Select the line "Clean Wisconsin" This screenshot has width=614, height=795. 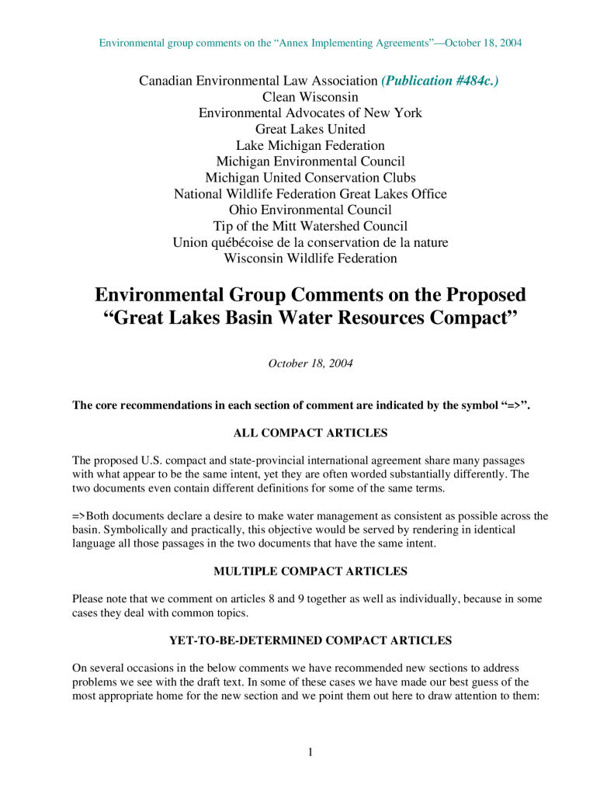[x=310, y=97]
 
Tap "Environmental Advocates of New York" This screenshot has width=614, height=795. [x=310, y=113]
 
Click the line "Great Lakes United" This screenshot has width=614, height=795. [x=310, y=130]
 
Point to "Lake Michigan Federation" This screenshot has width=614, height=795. [x=310, y=146]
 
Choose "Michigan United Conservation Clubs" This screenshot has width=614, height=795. [x=310, y=178]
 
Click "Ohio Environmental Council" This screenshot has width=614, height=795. [x=310, y=210]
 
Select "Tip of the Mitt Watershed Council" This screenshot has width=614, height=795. [x=310, y=226]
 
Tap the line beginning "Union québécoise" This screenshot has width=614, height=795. [x=310, y=242]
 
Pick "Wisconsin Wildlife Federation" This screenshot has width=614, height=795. [x=310, y=259]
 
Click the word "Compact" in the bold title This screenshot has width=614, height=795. [x=468, y=319]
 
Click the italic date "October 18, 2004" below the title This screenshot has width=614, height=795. [x=310, y=363]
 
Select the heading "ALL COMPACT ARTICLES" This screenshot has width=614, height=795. [x=310, y=432]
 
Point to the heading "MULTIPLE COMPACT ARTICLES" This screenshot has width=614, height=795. [x=310, y=571]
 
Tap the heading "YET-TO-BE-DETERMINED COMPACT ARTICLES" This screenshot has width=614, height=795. [x=310, y=641]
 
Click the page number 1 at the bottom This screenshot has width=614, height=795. [x=310, y=752]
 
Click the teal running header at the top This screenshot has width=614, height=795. [x=310, y=43]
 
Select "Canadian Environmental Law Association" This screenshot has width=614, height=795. [x=257, y=81]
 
